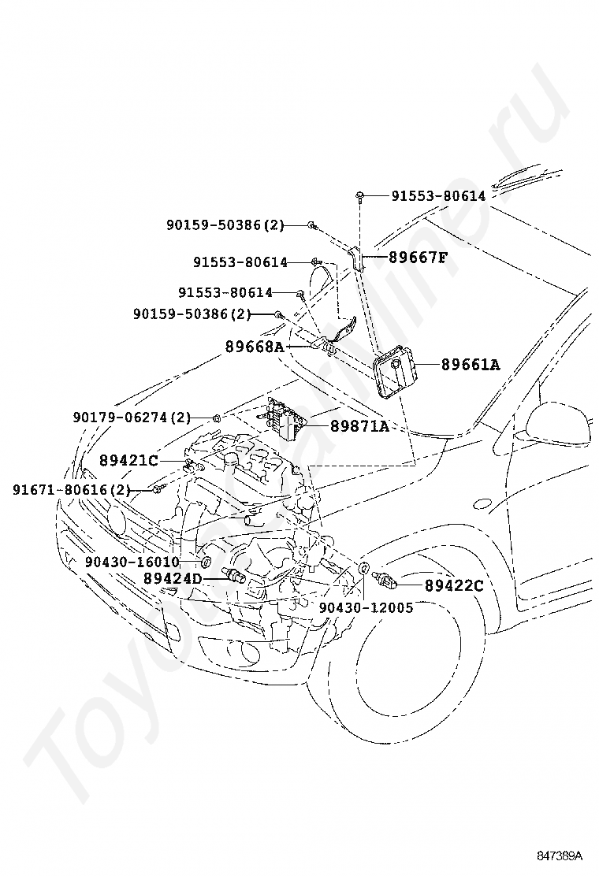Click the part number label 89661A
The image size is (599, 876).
tap(471, 365)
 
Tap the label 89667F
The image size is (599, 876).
tap(416, 257)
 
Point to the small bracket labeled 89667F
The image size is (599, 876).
tap(357, 258)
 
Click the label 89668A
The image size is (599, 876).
tap(254, 346)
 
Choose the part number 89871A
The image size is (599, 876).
tap(359, 426)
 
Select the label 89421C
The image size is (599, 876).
tap(128, 460)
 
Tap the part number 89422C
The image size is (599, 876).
tap(454, 585)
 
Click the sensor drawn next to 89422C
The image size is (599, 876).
tap(385, 581)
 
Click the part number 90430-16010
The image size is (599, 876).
tap(132, 562)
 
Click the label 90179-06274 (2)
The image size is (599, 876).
tap(132, 416)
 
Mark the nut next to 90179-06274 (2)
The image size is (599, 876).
tap(217, 415)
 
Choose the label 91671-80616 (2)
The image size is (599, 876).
tap(71, 490)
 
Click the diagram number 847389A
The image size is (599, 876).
tap(560, 855)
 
